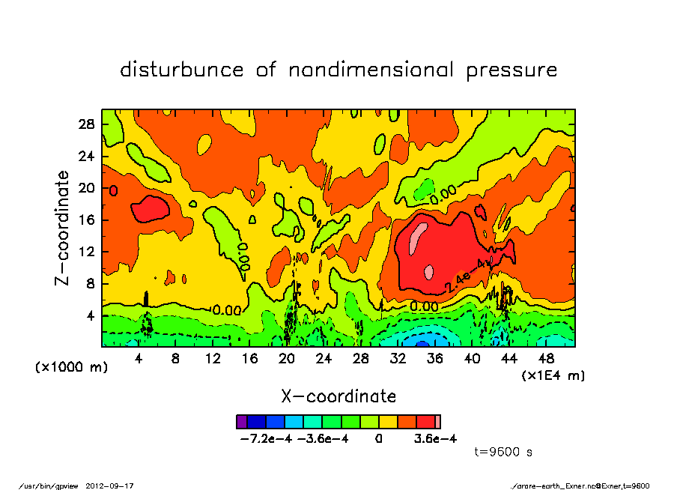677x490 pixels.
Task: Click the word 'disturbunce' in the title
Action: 182,70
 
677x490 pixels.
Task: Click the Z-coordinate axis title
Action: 63,228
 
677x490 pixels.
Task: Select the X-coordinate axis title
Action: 338,396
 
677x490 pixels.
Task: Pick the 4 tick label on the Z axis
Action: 93,316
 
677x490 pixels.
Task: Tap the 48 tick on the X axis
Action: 546,359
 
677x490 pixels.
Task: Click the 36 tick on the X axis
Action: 435,359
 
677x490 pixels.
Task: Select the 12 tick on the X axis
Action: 213,359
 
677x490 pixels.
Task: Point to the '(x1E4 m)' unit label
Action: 553,375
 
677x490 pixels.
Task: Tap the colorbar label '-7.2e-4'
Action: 265,439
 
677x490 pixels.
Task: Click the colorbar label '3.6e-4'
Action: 435,439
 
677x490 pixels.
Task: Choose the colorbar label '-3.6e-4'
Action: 323,439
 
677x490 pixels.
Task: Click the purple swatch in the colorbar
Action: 241,422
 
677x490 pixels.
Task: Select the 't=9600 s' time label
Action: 503,452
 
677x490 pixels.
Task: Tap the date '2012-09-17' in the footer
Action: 115,486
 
